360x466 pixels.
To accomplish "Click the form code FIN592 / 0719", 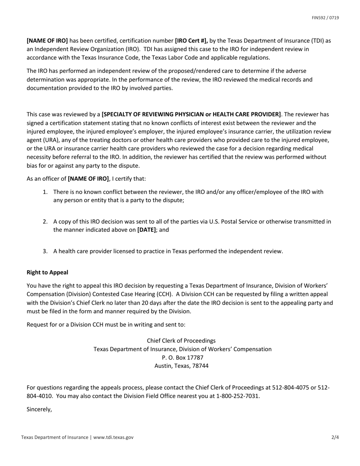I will pos(325,18).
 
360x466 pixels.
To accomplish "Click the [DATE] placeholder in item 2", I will pos(146,230).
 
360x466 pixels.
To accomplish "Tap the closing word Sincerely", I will pos(39,409).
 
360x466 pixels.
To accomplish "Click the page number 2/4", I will pos(335,437).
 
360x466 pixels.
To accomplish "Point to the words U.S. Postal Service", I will pos(231,222).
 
